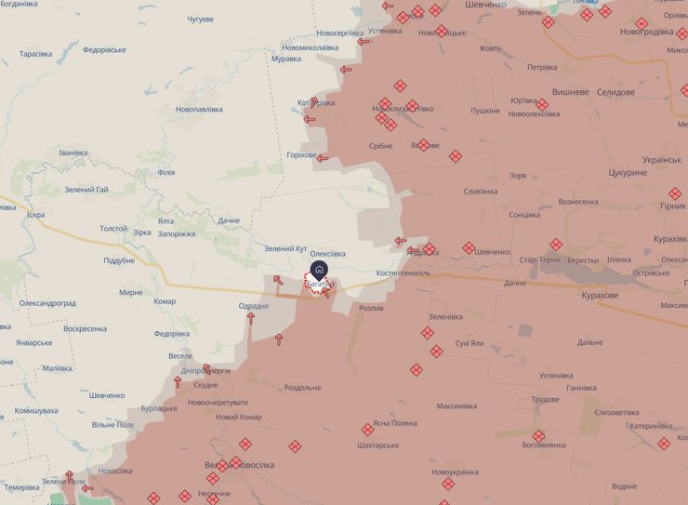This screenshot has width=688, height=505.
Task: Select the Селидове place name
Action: tap(615, 92)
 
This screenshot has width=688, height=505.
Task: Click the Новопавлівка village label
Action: tap(199, 109)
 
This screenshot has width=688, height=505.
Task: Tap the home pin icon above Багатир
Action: tap(319, 270)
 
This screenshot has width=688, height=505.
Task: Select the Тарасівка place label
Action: tap(35, 54)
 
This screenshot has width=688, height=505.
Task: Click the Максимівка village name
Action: tap(456, 405)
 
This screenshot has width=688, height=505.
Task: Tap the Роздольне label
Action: tap(303, 388)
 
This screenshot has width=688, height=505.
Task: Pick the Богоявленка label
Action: tap(543, 445)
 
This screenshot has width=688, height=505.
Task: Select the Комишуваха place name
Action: tap(36, 410)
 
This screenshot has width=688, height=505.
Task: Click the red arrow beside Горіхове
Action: tap(323, 158)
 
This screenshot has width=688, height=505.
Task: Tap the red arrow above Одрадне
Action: tap(250, 318)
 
